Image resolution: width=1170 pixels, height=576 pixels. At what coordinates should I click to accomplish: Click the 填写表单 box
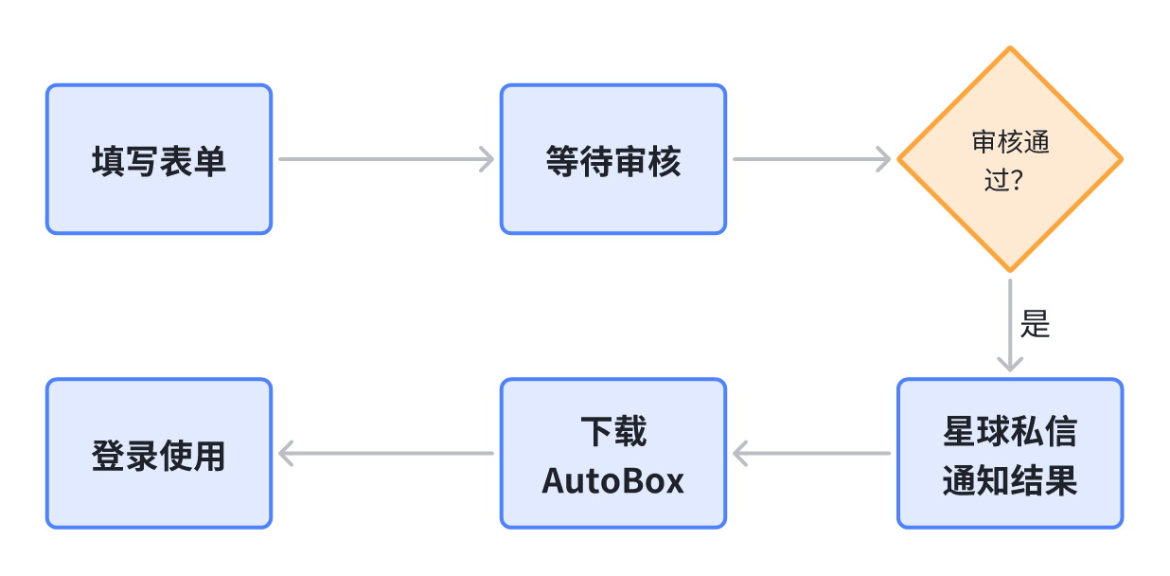[x=159, y=159]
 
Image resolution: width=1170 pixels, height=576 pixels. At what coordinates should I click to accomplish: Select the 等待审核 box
[x=612, y=159]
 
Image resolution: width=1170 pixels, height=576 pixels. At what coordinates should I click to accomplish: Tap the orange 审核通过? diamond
[x=1010, y=159]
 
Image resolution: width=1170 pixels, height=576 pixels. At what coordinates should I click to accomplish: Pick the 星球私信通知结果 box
[x=1010, y=453]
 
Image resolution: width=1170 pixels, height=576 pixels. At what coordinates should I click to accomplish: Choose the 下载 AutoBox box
[x=612, y=453]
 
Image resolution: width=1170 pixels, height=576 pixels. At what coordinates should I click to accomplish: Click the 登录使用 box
[x=159, y=453]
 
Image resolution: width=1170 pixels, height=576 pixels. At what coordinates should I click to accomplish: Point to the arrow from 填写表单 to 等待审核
[x=385, y=159]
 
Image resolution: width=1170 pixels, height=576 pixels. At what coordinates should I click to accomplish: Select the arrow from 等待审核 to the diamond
[x=811, y=159]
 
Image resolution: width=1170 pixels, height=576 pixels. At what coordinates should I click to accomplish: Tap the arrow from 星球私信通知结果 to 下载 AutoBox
[x=811, y=454]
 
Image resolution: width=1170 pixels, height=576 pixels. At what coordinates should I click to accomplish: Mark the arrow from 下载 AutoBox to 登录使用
[x=385, y=454]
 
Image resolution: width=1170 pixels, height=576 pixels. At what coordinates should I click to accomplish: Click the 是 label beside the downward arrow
[x=1036, y=324]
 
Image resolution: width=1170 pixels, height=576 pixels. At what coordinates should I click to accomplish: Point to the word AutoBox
[x=612, y=480]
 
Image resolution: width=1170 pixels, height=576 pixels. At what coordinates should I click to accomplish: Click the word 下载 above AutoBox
[x=612, y=432]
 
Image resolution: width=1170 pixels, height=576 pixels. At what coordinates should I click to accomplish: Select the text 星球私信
[x=1010, y=432]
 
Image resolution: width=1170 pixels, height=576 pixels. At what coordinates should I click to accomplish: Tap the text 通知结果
[x=1010, y=481]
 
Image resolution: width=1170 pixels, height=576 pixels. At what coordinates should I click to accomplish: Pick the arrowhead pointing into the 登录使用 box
[x=287, y=454]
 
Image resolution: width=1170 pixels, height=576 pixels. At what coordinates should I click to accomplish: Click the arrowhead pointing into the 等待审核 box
[x=487, y=159]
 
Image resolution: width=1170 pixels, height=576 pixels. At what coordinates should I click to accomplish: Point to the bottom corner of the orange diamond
[x=1010, y=270]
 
